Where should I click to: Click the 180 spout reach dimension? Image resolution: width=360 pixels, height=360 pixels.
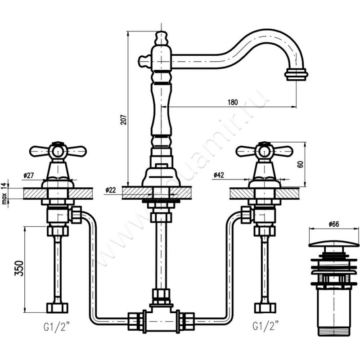tap(232, 102)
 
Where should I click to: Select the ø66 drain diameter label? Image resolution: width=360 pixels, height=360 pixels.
tap(334, 224)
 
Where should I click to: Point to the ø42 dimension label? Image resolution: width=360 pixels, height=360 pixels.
tap(219, 174)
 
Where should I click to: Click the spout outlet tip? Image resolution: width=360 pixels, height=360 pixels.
tap(296, 74)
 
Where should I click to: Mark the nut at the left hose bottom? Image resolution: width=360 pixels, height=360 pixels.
tap(58, 308)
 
